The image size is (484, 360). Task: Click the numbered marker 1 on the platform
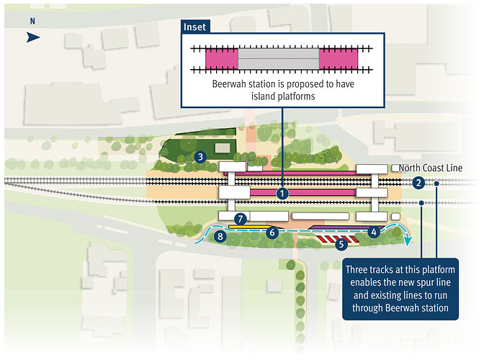282,194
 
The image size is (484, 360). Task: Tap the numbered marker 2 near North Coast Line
418,183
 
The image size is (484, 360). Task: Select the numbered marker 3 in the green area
200,157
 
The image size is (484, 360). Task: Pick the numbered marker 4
374,232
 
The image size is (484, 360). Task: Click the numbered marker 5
341,244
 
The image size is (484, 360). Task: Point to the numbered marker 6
272,233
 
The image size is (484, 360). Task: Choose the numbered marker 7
241,219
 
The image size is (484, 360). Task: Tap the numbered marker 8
220,237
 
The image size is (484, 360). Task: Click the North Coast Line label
430,168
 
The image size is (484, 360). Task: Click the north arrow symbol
32,37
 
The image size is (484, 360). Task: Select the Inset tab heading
194,27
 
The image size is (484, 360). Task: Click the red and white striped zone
337,239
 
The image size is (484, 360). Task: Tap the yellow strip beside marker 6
251,227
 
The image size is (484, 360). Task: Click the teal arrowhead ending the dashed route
408,241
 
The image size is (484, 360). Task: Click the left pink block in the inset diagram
222,58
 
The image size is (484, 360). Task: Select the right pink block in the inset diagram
339,58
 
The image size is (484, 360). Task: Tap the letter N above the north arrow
32,21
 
